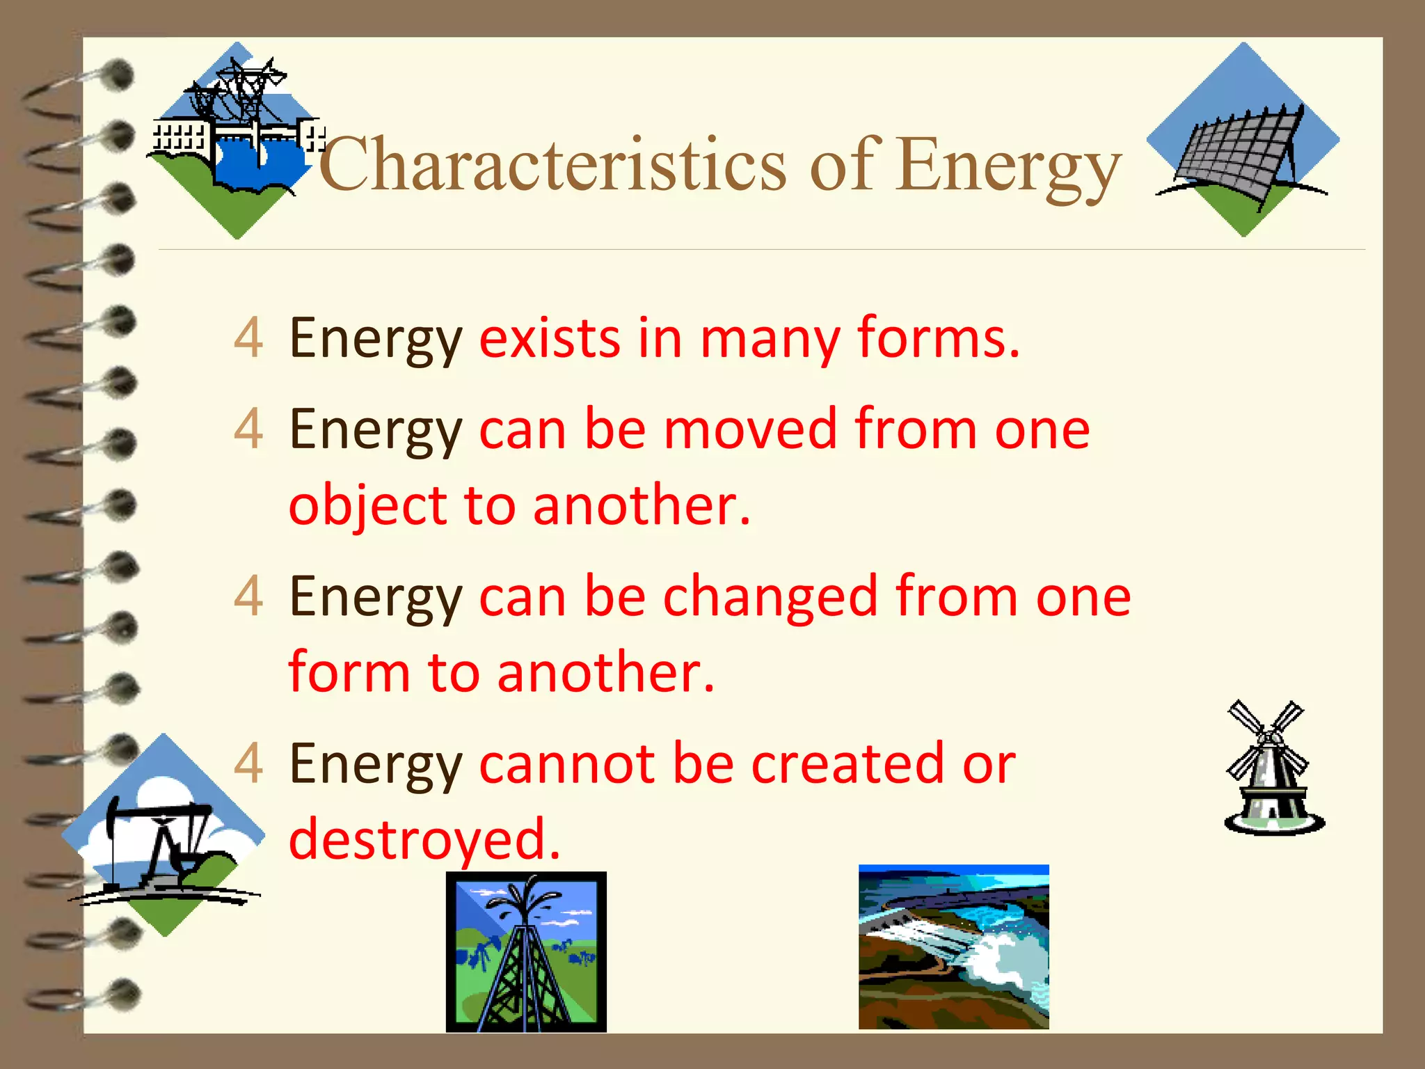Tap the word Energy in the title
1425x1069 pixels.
coord(1008,167)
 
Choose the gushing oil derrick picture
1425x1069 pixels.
coord(526,952)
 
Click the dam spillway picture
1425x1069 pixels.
coord(953,947)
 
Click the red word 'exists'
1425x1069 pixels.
coord(550,339)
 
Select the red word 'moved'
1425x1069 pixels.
coord(750,429)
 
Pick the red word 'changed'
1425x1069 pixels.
coord(770,597)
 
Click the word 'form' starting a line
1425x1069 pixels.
coord(349,673)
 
